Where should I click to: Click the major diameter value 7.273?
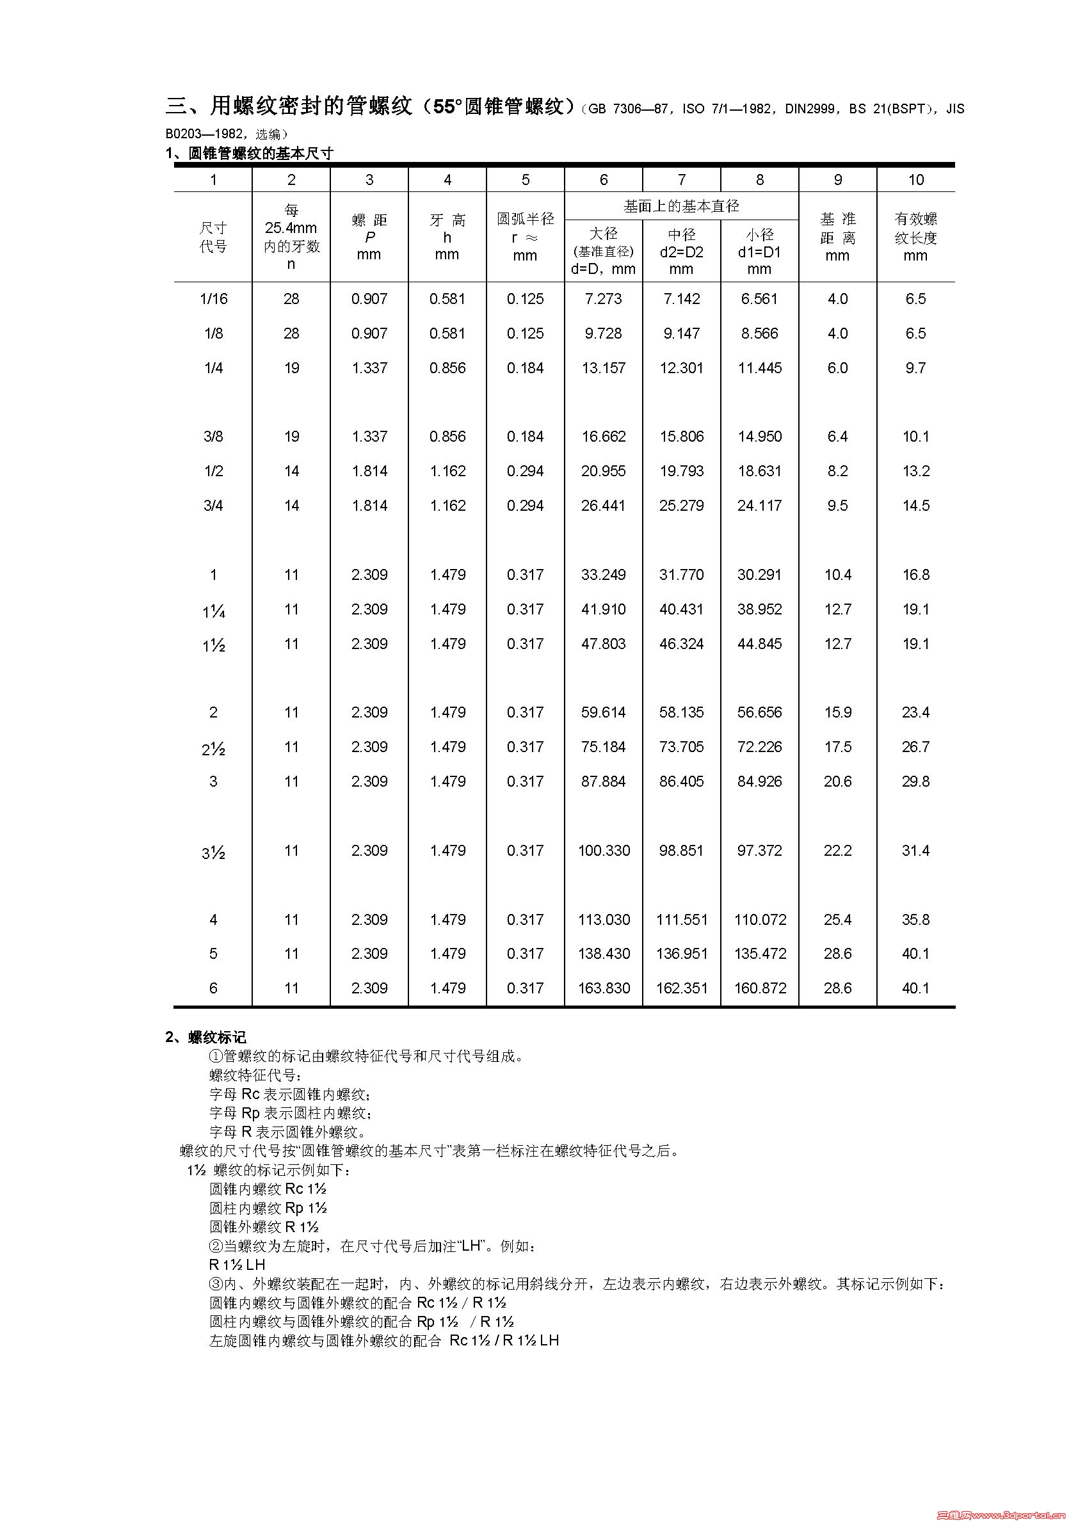(x=603, y=299)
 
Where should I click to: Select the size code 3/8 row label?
(x=213, y=437)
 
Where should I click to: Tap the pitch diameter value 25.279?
(x=681, y=506)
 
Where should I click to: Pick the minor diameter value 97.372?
(x=759, y=851)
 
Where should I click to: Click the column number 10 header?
(x=915, y=180)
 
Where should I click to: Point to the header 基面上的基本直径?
(x=681, y=207)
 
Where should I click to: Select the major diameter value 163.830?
(x=604, y=988)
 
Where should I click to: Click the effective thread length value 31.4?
(x=915, y=851)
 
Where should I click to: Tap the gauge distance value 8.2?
(x=837, y=471)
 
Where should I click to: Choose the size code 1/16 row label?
(x=213, y=299)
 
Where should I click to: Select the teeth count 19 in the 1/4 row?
(x=291, y=369)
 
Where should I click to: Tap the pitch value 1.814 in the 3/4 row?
(x=369, y=506)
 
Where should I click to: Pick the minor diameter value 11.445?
(x=759, y=369)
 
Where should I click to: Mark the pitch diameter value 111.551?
(x=681, y=920)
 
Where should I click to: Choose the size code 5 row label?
(x=213, y=954)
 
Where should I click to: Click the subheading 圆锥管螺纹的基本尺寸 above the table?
(x=260, y=154)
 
